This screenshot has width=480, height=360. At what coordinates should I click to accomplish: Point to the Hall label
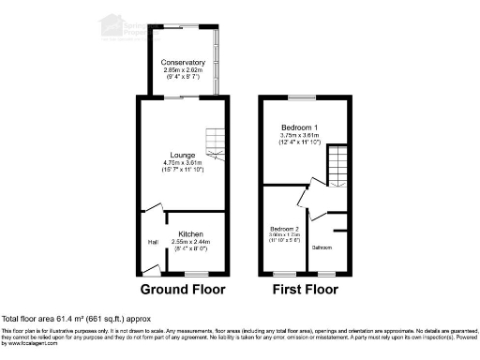[x=151, y=241]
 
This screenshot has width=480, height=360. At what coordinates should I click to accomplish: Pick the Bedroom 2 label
[x=284, y=228]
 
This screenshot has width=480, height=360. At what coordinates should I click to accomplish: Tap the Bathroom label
[x=322, y=247]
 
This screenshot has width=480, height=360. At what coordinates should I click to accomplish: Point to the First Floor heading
[x=304, y=290]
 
